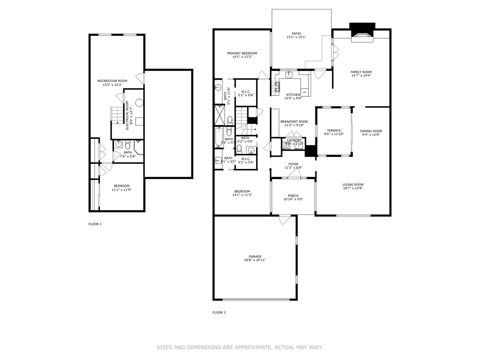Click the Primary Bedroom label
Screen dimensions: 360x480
tap(242, 53)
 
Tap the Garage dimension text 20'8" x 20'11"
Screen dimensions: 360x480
tap(255, 260)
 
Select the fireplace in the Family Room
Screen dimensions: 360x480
tap(362, 36)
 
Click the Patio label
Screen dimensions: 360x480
tap(296, 34)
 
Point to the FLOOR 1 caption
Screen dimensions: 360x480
tap(95, 224)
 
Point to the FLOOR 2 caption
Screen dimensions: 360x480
tap(219, 312)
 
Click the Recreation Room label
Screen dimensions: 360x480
tap(112, 81)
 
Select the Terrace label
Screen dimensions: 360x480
tap(334, 131)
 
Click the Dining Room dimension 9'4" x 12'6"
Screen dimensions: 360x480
tap(371, 135)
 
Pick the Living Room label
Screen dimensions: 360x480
tap(353, 185)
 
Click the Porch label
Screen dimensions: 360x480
tap(293, 196)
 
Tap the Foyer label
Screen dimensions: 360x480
tap(293, 164)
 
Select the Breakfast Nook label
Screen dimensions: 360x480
tap(294, 122)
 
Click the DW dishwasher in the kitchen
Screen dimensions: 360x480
tap(305, 92)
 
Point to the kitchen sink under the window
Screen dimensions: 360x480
tap(289, 75)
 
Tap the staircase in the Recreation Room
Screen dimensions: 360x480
tap(117, 115)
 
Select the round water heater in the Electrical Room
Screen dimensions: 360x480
tap(139, 103)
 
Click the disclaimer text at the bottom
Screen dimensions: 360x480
tap(240, 347)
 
